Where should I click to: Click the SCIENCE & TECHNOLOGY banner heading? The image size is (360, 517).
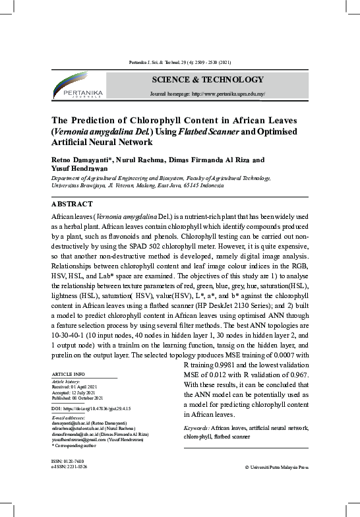[x=207, y=80]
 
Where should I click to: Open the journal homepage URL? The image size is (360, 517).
[x=227, y=94]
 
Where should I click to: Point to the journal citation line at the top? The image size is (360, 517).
[x=179, y=63]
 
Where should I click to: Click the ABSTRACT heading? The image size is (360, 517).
[x=72, y=204]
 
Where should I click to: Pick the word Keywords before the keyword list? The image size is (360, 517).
[x=196, y=428]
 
